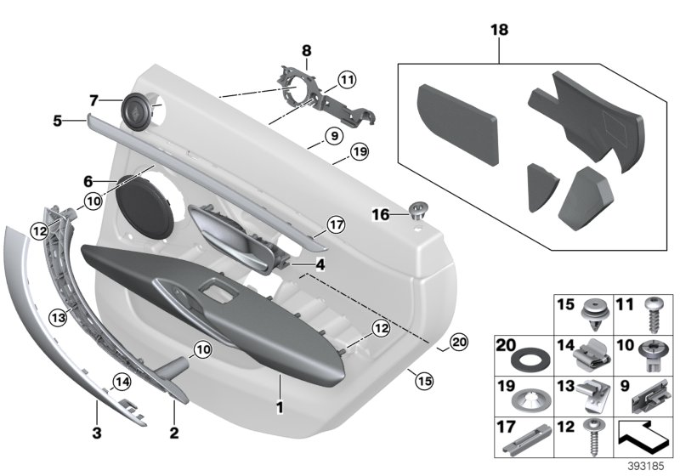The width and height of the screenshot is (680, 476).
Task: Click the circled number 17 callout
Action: [335, 225]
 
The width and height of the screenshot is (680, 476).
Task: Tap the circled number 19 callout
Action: [359, 153]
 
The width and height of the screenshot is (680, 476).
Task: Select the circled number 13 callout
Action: [57, 317]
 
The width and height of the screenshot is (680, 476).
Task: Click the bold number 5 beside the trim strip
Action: [58, 121]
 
